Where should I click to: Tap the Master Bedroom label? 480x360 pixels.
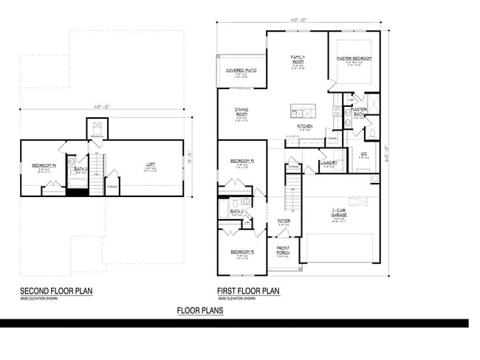click(x=354, y=58)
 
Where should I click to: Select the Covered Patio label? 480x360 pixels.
click(x=241, y=71)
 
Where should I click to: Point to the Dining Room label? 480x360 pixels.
click(x=241, y=113)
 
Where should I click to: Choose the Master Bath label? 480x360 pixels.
click(x=359, y=111)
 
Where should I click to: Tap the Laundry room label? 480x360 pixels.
click(x=329, y=162)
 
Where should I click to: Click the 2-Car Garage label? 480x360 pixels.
click(x=340, y=212)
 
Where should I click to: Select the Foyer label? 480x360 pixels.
click(x=284, y=221)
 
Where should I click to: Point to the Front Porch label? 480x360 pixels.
click(x=284, y=249)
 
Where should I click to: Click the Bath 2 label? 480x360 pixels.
click(x=236, y=212)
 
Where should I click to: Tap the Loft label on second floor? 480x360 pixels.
click(x=151, y=165)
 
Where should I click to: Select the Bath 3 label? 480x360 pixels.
click(x=80, y=169)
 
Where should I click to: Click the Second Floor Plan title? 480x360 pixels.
click(x=56, y=291)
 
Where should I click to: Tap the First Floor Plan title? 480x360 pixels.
click(x=248, y=291)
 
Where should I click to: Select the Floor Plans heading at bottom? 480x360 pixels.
click(x=200, y=311)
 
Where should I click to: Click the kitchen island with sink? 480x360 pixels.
click(x=301, y=111)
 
